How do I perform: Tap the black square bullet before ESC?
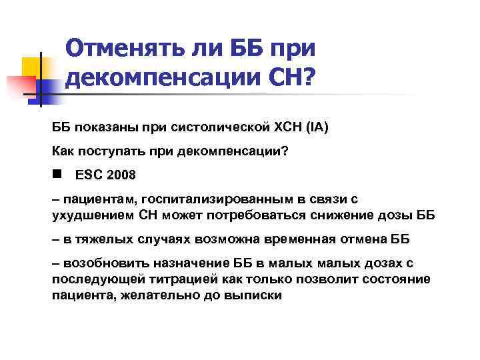coord(57,174)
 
